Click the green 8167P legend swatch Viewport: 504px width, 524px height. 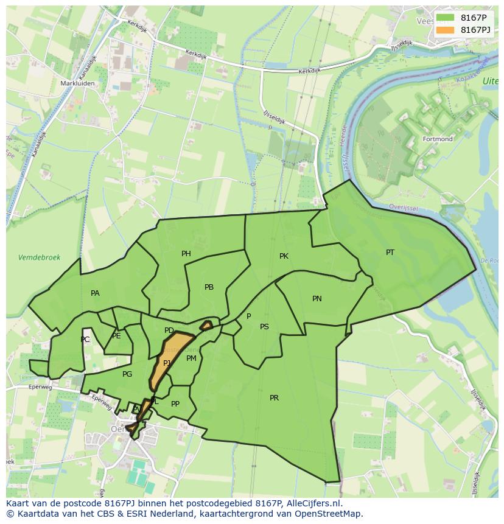point(446,18)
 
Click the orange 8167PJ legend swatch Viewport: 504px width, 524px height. point(446,30)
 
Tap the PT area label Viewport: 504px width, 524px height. point(390,253)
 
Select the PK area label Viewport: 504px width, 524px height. point(284,256)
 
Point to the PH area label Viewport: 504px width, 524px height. point(186,254)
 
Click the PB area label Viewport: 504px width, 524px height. point(209,287)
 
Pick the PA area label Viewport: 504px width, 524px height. point(95,293)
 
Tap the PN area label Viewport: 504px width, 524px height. point(317,299)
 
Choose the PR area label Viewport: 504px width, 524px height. point(274,398)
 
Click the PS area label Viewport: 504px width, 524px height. point(264,327)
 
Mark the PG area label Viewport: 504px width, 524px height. point(127,374)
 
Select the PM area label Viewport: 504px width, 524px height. point(191,358)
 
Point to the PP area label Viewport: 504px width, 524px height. point(175,404)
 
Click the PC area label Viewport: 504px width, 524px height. point(85,340)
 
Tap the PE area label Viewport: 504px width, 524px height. point(116,336)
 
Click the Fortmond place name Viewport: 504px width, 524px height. point(438,139)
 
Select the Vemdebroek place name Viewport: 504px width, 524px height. point(40,257)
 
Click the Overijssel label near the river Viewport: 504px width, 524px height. point(401,208)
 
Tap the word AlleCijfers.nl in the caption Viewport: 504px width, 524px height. point(313,504)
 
